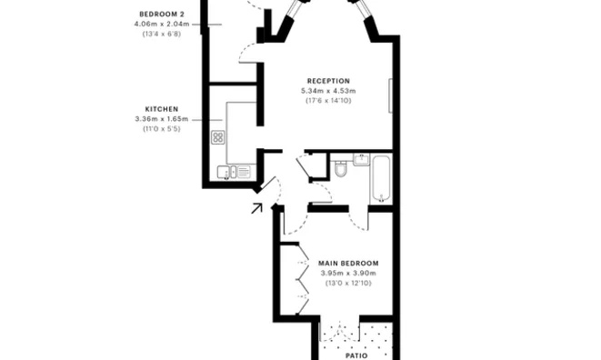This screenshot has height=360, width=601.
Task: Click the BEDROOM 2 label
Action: coord(160,14)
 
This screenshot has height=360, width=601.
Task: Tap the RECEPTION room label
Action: coord(328,81)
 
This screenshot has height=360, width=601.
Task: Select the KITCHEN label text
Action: coord(160,108)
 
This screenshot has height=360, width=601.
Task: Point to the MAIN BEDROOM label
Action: coord(348,264)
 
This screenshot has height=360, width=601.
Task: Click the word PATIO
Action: coord(357,355)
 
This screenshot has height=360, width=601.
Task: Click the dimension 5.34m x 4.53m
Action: coord(328,91)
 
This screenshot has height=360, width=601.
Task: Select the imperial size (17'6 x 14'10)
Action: coord(328,100)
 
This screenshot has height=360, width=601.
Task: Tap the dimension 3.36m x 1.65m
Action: coord(160,118)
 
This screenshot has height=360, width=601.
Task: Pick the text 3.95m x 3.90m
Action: coord(348,274)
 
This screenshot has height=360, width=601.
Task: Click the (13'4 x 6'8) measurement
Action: coord(160,34)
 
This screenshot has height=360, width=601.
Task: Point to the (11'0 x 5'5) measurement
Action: coord(160,128)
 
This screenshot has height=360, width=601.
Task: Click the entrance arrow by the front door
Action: coord(256,207)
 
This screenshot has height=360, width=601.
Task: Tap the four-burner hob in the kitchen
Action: coord(218,138)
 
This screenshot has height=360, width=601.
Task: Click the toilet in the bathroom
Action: coord(340,168)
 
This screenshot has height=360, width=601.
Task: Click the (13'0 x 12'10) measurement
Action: coord(348,284)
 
